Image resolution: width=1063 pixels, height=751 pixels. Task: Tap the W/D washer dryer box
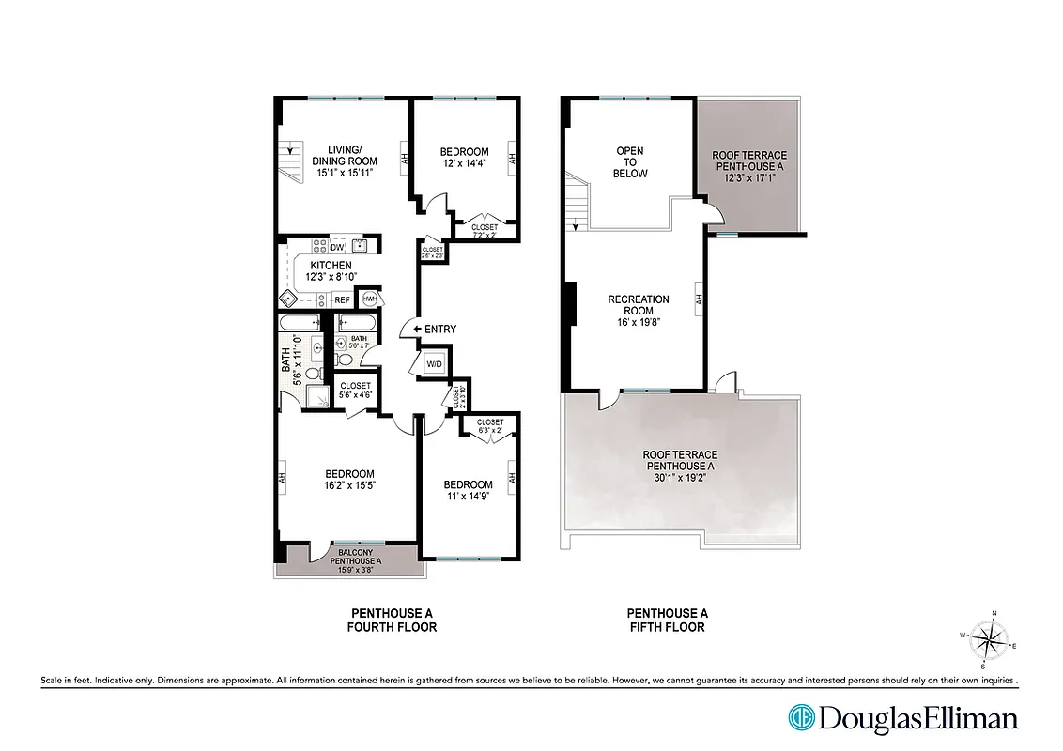[x=435, y=363]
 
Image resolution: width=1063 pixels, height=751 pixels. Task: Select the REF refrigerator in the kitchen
[x=342, y=300]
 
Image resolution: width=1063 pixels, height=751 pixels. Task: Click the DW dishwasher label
[x=336, y=247]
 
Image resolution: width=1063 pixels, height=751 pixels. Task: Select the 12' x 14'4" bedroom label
[x=464, y=158]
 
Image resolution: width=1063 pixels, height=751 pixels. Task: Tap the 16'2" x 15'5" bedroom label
[x=349, y=480]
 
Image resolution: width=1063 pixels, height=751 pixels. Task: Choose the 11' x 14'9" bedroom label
[x=468, y=491]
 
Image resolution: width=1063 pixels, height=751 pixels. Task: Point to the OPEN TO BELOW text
[x=630, y=161]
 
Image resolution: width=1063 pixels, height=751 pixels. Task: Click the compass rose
[x=986, y=641]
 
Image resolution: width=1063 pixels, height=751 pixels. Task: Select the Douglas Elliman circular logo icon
[x=802, y=718]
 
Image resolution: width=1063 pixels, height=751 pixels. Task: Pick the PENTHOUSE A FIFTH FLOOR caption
[x=666, y=620]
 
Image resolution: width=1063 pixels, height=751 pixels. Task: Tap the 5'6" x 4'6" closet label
[x=356, y=391]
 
